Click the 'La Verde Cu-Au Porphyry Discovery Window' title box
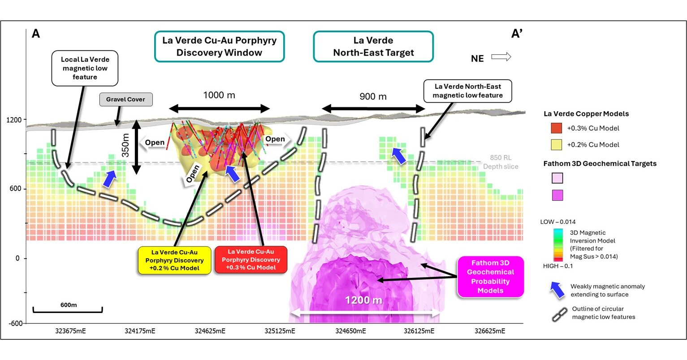219,46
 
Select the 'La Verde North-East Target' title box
373,46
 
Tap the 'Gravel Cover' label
125,99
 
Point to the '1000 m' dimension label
219,95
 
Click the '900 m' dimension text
373,96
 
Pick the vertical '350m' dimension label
126,146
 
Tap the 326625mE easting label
490,331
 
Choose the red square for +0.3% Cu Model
556,128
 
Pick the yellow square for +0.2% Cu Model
556,145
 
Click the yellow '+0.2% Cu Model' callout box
174,260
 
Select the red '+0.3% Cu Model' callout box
251,260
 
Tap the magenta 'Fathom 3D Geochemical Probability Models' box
490,277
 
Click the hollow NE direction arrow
501,57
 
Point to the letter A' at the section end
517,34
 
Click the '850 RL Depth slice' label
501,162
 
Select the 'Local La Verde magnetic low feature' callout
85,68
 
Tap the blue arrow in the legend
557,290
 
